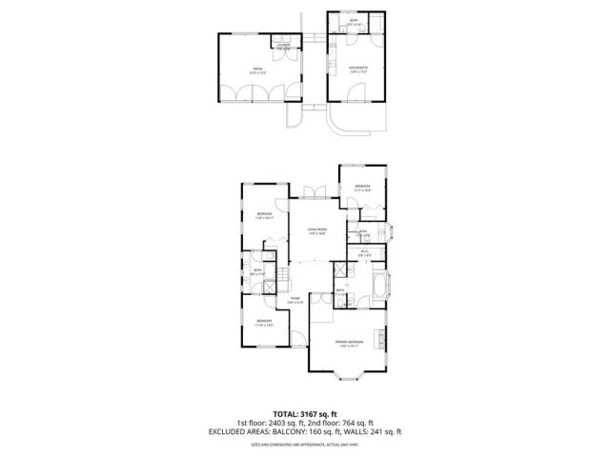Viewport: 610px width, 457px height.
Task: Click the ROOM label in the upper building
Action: (257, 69)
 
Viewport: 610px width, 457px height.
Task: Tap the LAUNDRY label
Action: (283, 45)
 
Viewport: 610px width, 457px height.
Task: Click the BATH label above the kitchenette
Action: (354, 21)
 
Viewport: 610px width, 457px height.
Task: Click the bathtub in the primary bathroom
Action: (380, 285)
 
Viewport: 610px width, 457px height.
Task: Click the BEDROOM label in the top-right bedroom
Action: (362, 187)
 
